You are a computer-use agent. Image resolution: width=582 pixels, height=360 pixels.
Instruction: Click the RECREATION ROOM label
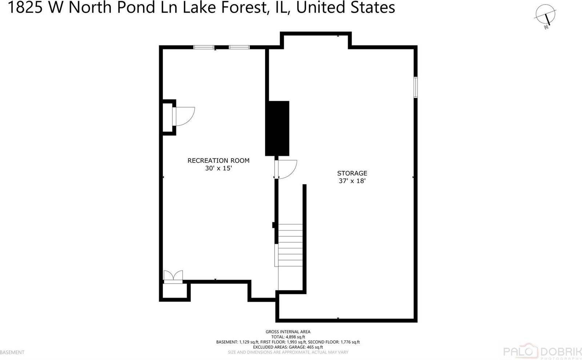click(218, 160)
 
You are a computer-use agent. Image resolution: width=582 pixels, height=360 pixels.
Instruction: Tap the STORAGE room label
click(352, 173)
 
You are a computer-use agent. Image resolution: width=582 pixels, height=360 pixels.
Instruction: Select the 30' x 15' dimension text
click(218, 168)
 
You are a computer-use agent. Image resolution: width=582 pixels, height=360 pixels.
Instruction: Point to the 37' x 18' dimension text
click(352, 181)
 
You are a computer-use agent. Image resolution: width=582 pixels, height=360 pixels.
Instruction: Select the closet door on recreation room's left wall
click(184, 116)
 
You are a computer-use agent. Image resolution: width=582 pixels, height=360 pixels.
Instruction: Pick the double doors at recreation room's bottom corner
click(173, 276)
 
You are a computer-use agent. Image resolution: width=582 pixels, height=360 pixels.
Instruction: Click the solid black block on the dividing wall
click(277, 128)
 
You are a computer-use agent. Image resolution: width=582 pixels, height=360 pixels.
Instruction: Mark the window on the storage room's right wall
click(415, 87)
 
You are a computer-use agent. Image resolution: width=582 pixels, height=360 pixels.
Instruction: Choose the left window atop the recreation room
click(204, 47)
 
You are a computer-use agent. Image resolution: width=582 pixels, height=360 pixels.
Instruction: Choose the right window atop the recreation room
click(239, 47)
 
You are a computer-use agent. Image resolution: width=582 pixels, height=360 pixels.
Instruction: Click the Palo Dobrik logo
click(542, 352)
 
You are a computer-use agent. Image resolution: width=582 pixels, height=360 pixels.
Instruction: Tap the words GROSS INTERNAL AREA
click(288, 332)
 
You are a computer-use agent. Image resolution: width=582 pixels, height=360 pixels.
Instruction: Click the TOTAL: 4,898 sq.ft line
click(288, 337)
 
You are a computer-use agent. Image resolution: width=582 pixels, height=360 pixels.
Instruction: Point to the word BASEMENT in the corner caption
click(12, 352)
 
